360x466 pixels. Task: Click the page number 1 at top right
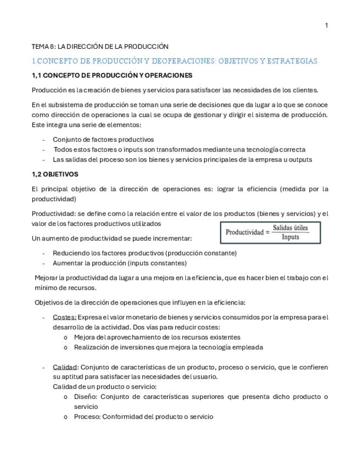[x=326, y=25]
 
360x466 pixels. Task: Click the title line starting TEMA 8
[x=99, y=47]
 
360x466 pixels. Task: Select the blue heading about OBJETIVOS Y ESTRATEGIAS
[x=174, y=61]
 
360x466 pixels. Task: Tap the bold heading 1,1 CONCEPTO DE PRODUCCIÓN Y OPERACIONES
[x=112, y=75]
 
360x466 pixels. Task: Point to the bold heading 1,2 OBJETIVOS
[x=55, y=174]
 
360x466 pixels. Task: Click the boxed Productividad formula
[x=271, y=232]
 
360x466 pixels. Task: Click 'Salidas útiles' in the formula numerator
[x=290, y=228]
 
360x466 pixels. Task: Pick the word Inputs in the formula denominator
[x=290, y=237]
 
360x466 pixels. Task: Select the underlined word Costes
[x=64, y=317]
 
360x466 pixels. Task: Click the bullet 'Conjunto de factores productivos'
[x=103, y=140]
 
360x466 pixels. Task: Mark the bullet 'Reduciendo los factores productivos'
[x=145, y=253]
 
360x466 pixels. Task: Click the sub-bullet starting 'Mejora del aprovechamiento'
[x=157, y=337]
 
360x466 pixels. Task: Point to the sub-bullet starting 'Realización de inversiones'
[x=168, y=347]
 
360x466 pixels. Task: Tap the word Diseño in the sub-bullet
[x=86, y=397]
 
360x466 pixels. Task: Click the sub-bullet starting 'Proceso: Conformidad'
[x=143, y=417]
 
